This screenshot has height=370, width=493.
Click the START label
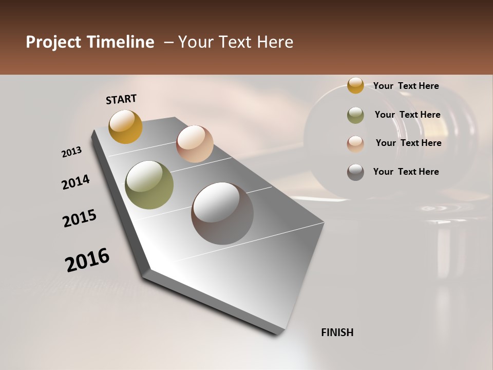click(x=121, y=99)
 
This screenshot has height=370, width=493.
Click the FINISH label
click(x=337, y=332)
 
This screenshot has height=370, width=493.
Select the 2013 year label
click(x=71, y=152)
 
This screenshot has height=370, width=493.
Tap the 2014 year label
click(x=75, y=182)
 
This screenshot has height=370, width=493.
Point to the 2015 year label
click(x=80, y=218)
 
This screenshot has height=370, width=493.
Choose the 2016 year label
click(x=87, y=260)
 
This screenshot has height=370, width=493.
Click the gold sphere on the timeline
click(x=125, y=126)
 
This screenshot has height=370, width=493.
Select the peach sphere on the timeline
click(x=195, y=143)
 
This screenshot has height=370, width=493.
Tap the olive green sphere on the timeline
click(x=149, y=185)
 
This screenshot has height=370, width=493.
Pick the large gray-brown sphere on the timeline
click(x=222, y=213)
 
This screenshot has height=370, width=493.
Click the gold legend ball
click(x=355, y=85)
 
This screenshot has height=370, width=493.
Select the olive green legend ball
click(x=355, y=115)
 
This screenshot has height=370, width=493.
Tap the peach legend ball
click(x=355, y=144)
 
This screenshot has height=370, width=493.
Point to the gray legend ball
click(x=355, y=172)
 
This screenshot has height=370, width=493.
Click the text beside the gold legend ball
click(x=406, y=86)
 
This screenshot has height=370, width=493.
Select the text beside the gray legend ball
click(x=406, y=172)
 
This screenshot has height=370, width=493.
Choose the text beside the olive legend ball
click(x=407, y=115)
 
